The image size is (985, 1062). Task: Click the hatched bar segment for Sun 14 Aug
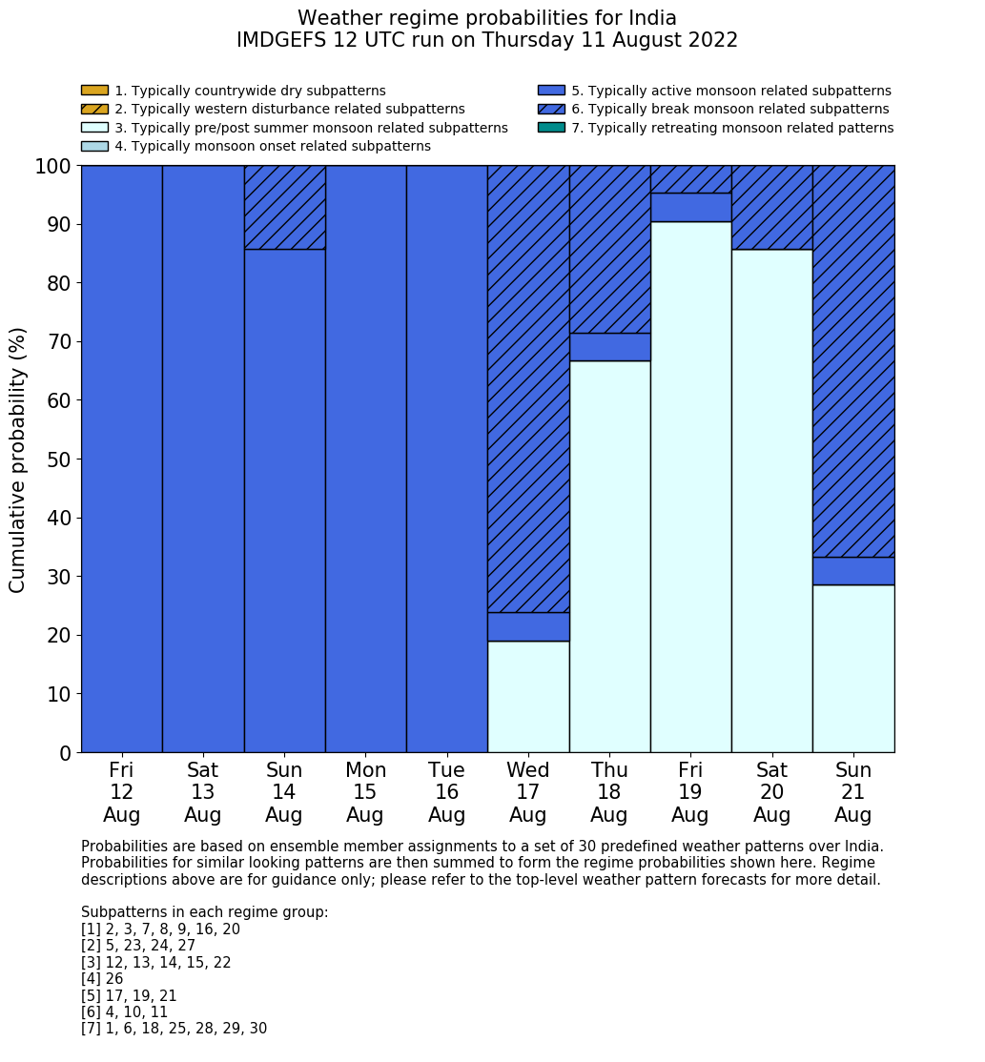pos(284,207)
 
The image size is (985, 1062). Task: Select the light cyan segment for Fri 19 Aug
pos(690,486)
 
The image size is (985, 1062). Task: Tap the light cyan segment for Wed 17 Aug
pos(528,696)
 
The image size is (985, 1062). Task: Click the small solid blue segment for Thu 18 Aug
pos(609,347)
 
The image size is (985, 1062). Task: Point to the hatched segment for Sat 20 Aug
pos(771,207)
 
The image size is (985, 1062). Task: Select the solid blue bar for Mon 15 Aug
pos(365,458)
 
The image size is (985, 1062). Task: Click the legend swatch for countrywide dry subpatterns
pos(94,91)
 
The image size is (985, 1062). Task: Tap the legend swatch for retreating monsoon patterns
pos(551,128)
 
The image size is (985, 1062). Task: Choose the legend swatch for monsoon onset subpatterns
pos(94,146)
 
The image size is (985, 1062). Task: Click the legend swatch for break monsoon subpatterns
pos(551,110)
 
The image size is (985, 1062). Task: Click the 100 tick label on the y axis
pos(53,167)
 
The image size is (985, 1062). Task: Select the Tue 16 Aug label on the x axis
pos(446,792)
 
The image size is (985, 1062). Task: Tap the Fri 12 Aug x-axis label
pos(121,792)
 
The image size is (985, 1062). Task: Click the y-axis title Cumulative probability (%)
pos(18,460)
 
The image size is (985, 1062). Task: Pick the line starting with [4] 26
pos(102,979)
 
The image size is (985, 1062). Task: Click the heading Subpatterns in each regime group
pos(204,912)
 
